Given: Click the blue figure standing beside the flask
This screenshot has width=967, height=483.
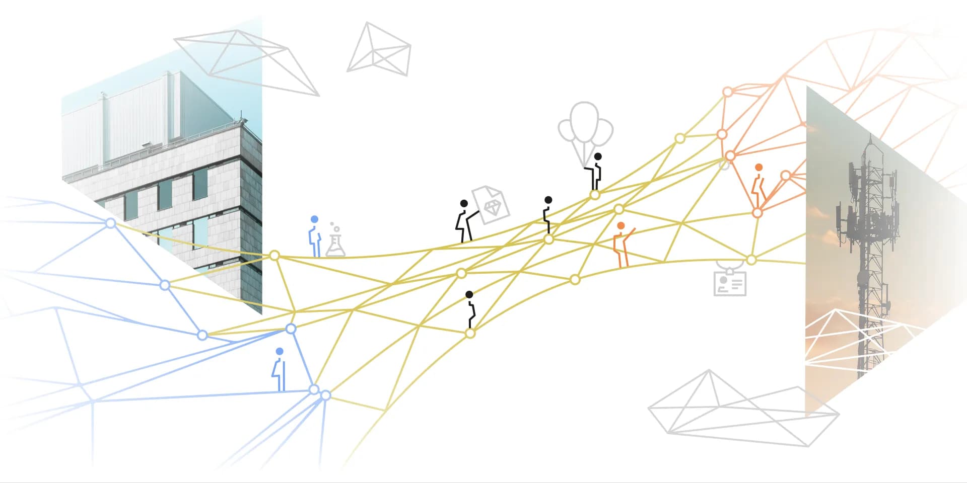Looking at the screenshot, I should tap(315, 239).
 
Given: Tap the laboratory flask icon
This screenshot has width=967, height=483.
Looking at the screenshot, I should tap(335, 246).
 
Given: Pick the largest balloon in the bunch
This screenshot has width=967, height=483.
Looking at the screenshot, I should tap(585, 121).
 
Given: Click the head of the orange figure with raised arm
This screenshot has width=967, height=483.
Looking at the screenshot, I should tap(620, 226).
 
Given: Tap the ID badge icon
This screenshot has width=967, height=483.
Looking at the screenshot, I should tap(730, 283).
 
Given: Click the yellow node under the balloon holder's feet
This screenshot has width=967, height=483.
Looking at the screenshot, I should tap(595, 195).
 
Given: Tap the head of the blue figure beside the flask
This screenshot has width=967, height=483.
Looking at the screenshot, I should tap(314, 219).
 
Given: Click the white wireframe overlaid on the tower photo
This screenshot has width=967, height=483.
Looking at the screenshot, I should tap(856, 337).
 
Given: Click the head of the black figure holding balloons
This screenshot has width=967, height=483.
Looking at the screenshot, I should tap(598, 156).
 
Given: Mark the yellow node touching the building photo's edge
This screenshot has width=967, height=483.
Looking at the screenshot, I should tap(274, 256).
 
